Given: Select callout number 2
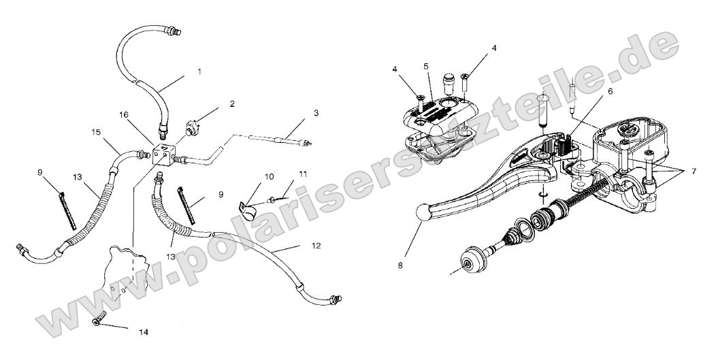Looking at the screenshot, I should (x=232, y=104).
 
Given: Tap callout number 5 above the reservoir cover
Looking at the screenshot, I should (x=425, y=67).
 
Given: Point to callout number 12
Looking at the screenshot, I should (x=314, y=245).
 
